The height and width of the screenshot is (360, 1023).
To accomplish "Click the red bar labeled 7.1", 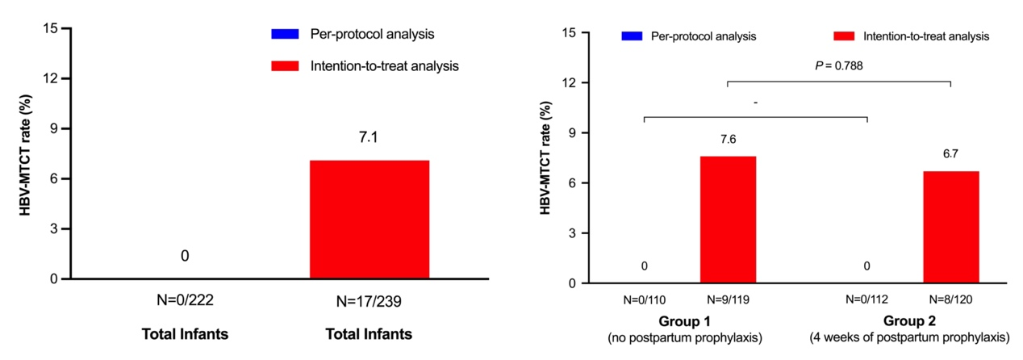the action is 370,220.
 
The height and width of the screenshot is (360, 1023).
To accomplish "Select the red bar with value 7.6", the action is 728,220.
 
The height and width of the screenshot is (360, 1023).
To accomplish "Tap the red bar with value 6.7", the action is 951,227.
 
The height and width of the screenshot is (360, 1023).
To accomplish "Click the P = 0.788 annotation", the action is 839,66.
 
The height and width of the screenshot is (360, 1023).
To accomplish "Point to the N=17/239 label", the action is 369,302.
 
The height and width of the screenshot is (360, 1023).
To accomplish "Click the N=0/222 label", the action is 185,299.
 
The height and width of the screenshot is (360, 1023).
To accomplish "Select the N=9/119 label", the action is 728,299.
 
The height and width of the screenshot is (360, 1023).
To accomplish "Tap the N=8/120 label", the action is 951,299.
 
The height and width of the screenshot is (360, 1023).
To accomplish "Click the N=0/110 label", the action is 645,300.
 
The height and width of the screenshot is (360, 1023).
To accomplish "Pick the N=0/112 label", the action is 866,299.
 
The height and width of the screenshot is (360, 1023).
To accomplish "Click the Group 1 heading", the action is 685,321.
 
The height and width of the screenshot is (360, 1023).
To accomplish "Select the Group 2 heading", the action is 909,321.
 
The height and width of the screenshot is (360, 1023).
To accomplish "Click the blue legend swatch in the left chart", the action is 285,34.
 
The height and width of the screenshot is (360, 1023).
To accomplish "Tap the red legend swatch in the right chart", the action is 844,36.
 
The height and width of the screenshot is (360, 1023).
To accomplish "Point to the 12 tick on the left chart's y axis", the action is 50,78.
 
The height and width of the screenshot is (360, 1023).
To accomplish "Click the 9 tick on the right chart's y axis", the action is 572,133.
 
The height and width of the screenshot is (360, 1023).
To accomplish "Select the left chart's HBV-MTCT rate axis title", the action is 25,155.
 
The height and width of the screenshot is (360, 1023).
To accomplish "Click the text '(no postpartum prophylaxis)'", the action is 685,338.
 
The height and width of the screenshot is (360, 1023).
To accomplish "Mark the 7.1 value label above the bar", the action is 369,137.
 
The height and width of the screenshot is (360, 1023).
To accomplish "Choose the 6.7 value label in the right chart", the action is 950,154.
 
